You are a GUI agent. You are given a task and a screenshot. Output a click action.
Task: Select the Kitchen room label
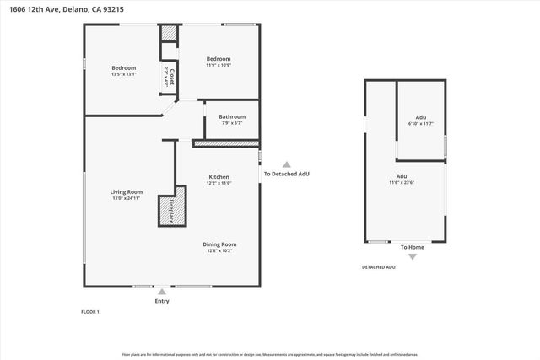pos(219,177)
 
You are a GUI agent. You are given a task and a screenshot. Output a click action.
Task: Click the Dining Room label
pos(219,244)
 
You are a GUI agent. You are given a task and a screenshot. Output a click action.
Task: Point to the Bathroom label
pos(231,117)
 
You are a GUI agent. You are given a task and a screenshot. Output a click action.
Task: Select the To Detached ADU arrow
pos(286,165)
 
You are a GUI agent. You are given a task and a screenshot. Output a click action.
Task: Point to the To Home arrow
pos(412,256)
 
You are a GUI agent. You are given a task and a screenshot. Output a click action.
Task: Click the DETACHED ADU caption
pos(378,267)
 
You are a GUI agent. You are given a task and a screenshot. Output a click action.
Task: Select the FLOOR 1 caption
pos(89,312)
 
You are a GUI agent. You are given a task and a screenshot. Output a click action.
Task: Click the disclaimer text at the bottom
pos(269,354)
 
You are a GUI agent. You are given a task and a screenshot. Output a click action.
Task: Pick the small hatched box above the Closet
pos(170,33)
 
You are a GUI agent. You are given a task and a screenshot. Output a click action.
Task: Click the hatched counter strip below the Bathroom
pos(225,144)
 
